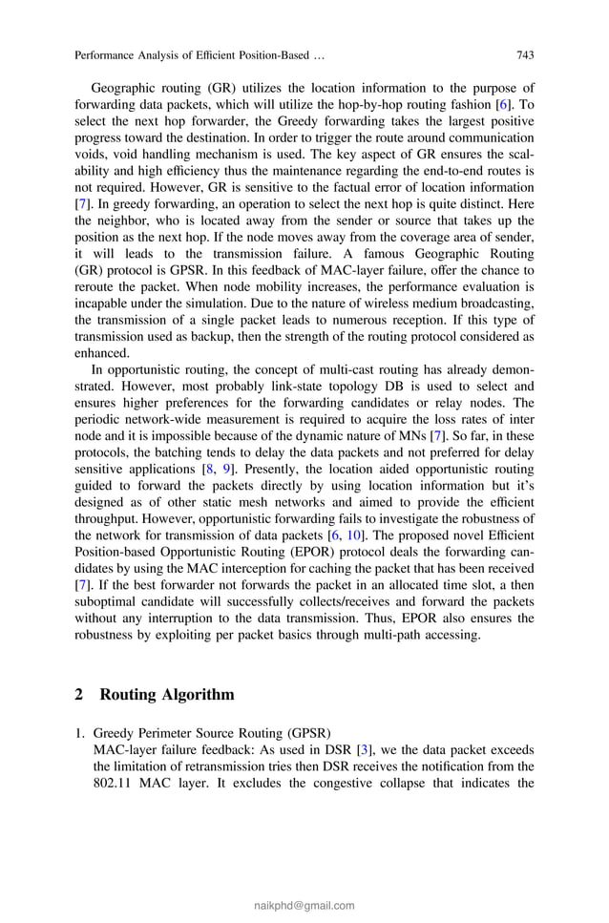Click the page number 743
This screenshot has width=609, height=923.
(x=524, y=54)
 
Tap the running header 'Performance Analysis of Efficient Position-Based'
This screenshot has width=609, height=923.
(x=192, y=54)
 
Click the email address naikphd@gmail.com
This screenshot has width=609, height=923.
(x=304, y=906)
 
